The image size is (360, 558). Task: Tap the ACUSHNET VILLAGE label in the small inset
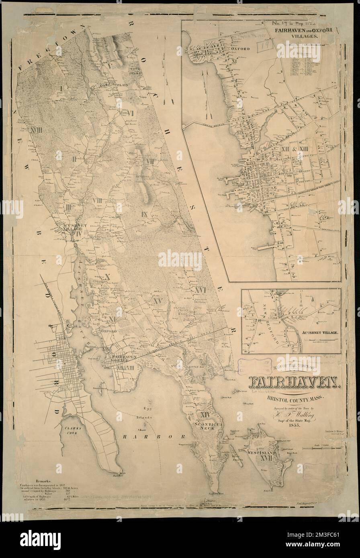point(316,332)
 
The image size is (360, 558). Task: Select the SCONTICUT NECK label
point(206,425)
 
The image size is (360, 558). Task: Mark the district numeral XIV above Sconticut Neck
point(205,413)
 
